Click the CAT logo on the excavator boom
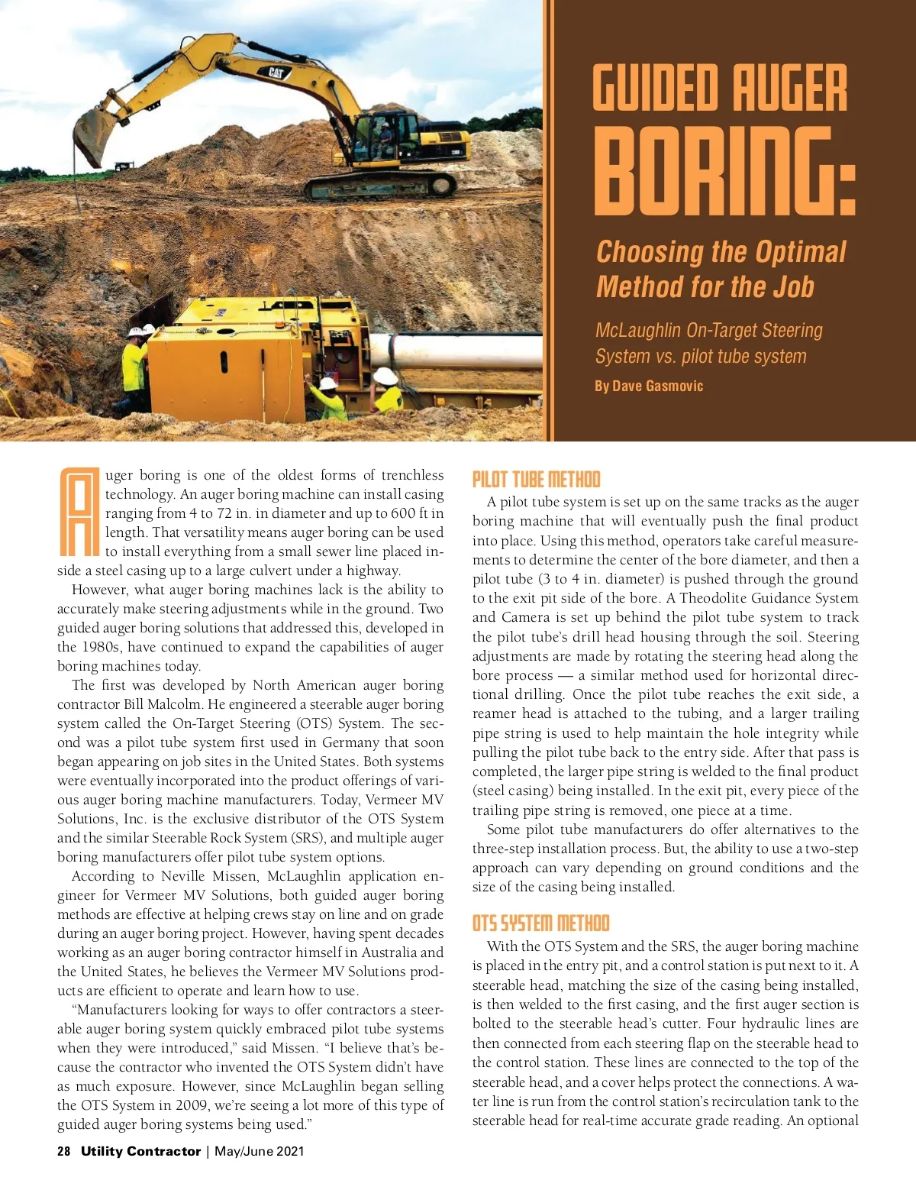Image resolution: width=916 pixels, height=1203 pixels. click(276, 73)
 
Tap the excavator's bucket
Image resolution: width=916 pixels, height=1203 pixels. click(94, 135)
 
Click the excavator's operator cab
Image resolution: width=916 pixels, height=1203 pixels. click(388, 136)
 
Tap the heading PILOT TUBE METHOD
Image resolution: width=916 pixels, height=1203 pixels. click(536, 480)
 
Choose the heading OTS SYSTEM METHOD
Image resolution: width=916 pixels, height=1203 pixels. click(540, 923)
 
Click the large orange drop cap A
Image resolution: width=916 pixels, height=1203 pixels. click(79, 511)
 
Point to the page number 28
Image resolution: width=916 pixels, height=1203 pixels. click(64, 1151)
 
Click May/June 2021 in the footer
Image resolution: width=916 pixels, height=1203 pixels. click(259, 1151)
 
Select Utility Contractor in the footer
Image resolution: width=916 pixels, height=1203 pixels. click(140, 1151)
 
